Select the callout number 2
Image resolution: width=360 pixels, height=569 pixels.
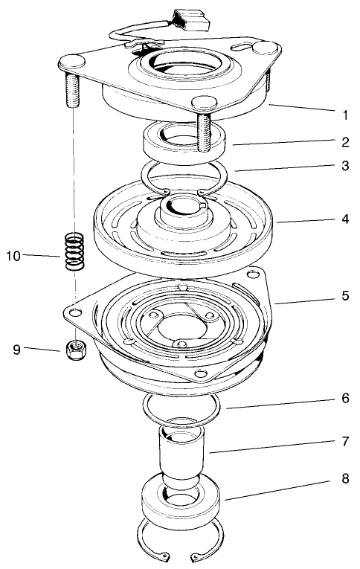click(345, 141)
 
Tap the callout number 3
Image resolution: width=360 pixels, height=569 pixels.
click(345, 166)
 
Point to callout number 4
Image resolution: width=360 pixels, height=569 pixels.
click(345, 220)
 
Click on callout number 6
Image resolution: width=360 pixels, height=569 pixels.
click(345, 398)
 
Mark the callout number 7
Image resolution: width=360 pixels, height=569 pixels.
click(345, 441)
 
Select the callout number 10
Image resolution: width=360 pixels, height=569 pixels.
click(13, 256)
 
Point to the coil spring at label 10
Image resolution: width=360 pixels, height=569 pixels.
click(73, 255)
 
